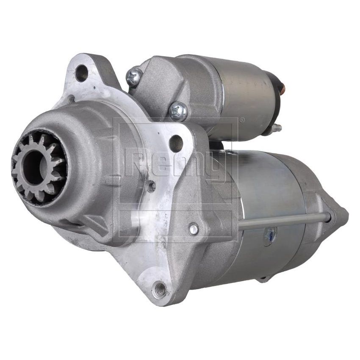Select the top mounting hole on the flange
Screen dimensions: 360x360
81,74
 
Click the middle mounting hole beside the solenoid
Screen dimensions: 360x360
176,143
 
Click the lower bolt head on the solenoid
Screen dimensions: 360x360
178,111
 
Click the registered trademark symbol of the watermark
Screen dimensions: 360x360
242,120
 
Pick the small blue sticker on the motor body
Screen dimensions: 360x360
269,235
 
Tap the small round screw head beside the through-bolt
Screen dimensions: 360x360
194,229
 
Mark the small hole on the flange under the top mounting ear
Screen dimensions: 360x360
72,100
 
